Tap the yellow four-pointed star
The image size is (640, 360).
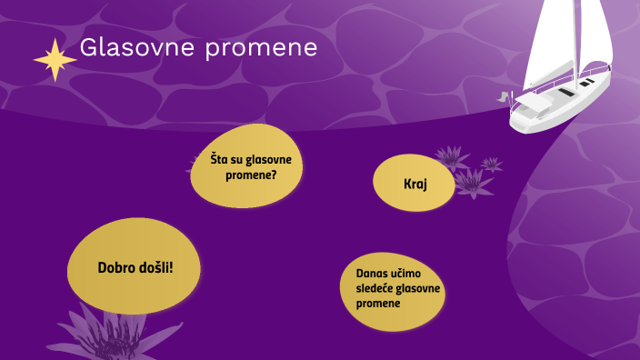point(55,60)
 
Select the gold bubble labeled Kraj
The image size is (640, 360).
point(415,184)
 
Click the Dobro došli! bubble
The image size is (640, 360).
point(134,267)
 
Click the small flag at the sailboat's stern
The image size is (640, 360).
point(503,95)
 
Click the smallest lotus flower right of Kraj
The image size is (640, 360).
point(492,165)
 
